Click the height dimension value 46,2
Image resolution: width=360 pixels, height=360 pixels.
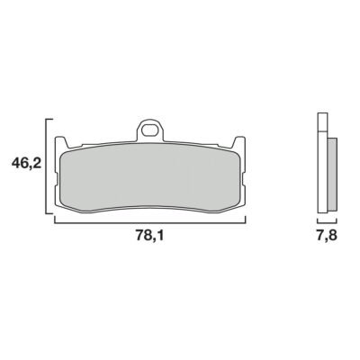click(x=26, y=164)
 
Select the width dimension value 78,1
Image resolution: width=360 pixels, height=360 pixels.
click(x=149, y=236)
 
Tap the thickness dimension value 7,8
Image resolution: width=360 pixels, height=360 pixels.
click(x=327, y=236)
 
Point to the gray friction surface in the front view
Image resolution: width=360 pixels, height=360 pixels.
click(x=150, y=179)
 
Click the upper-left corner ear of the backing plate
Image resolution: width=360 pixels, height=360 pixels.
click(x=61, y=141)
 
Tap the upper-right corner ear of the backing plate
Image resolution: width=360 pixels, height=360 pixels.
click(x=239, y=141)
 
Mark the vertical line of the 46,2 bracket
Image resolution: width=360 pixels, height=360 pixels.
click(x=46, y=166)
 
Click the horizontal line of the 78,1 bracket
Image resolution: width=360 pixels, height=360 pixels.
click(x=150, y=223)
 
